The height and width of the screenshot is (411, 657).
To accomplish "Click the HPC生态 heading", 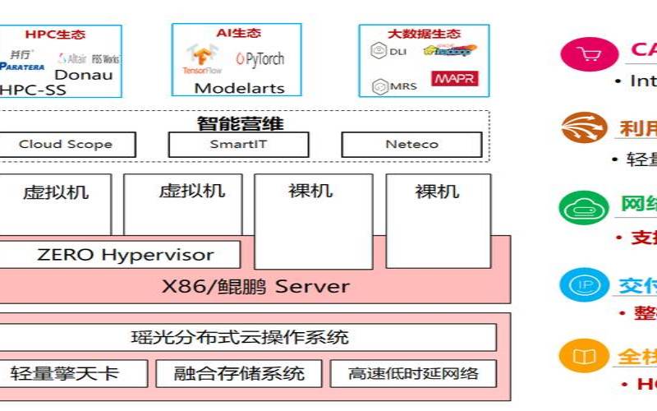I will (x=55, y=35).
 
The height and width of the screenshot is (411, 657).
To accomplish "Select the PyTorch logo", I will (x=259, y=58).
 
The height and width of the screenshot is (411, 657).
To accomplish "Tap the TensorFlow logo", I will (x=202, y=60).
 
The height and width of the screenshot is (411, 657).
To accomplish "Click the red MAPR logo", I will (x=454, y=79).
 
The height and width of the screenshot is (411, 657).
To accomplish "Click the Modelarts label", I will (x=239, y=88).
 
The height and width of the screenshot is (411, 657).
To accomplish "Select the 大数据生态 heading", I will (x=424, y=34).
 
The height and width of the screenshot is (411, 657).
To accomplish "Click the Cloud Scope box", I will (x=65, y=144).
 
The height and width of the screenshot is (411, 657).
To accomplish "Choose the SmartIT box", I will (x=238, y=144).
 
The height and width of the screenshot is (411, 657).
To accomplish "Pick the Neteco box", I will (x=411, y=144).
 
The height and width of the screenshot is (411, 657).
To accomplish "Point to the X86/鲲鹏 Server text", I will (x=254, y=287).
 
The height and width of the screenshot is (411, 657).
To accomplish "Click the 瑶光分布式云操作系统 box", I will (x=246, y=337).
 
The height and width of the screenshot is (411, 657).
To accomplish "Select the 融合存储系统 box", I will (x=239, y=373).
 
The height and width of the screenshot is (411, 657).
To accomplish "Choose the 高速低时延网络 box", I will (x=413, y=373).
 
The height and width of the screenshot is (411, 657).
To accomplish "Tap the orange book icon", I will (x=584, y=356).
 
